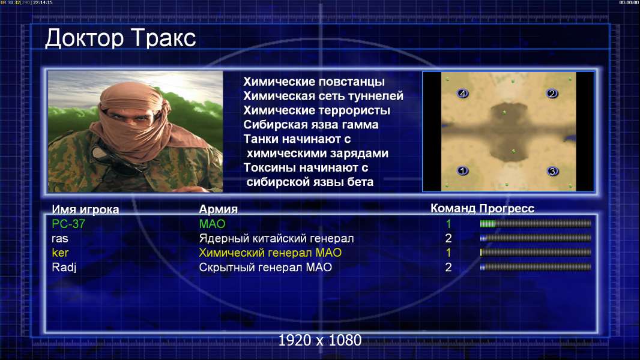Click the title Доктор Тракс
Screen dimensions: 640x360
(121, 38)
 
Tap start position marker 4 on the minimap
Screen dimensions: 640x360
(462, 94)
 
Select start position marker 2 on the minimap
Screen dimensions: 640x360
(552, 94)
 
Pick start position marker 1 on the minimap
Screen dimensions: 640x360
(462, 170)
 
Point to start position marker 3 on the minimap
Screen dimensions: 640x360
(552, 171)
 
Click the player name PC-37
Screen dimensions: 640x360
(68, 224)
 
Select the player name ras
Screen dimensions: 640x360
(60, 239)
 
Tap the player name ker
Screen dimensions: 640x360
(60, 253)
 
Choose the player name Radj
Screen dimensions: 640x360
(64, 268)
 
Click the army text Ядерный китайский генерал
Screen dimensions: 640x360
(276, 239)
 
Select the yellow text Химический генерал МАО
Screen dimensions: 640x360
(270, 253)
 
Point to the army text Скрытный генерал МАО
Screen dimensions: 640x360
(265, 268)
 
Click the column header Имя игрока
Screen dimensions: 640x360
(85, 209)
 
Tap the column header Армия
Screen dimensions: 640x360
(219, 209)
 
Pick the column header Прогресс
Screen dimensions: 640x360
(507, 209)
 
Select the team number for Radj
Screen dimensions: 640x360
(448, 268)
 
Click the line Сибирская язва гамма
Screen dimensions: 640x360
(311, 125)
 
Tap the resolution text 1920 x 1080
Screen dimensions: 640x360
(320, 340)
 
